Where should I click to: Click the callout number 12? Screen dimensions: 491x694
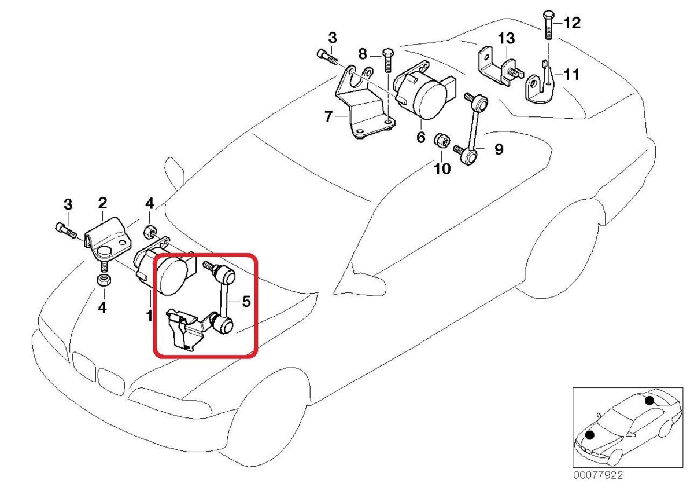571,23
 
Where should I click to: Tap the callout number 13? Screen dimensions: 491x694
506,39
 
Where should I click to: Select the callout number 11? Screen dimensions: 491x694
571,75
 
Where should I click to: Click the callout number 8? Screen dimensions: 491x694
363,54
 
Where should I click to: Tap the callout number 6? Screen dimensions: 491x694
420,137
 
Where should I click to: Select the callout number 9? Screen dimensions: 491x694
499,150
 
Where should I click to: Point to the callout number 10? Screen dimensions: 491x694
442,169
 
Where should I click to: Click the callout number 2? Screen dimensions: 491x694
102,203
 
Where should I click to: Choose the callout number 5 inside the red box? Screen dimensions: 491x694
246,301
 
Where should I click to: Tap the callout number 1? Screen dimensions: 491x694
149,316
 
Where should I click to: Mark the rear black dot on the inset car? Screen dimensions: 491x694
649,401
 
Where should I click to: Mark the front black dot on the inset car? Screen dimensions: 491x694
590,434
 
